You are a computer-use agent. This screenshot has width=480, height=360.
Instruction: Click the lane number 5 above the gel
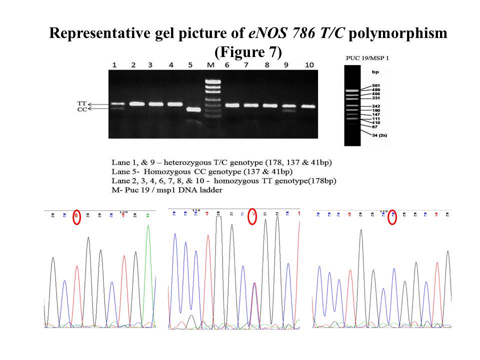tap(190, 65)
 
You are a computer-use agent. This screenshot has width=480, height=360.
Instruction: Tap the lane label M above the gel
tap(210, 65)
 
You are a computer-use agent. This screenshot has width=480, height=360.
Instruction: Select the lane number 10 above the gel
tap(309, 65)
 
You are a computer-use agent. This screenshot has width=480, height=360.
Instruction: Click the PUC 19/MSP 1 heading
tap(367, 58)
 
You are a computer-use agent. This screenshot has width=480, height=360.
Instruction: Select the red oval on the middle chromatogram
tap(252, 216)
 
